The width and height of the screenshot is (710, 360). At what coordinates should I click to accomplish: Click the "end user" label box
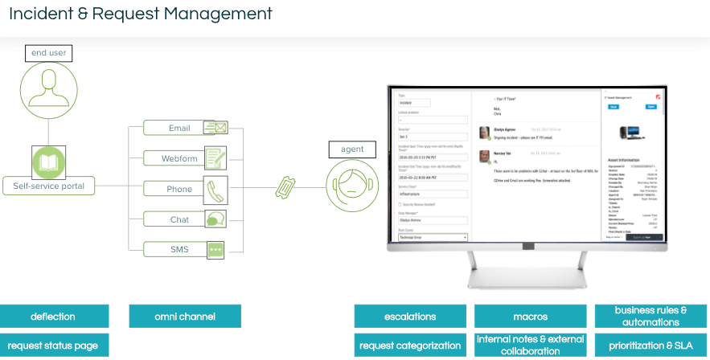[48, 53]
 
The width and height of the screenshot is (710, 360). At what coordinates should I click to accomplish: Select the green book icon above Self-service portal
[48, 162]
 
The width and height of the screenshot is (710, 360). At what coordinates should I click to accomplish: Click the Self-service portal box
[49, 186]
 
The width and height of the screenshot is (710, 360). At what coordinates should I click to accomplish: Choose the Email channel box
[179, 128]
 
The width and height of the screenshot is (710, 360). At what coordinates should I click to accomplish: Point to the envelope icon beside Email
[215, 127]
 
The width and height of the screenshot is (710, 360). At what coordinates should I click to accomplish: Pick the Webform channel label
[179, 158]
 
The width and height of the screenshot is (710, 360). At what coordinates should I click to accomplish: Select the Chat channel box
[179, 219]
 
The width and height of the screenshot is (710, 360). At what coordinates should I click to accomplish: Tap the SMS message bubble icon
[215, 249]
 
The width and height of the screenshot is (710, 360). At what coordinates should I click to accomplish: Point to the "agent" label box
[352, 149]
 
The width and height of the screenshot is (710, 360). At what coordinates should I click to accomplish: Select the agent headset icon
[352, 186]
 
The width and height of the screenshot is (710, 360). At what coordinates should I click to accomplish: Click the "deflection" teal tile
[53, 316]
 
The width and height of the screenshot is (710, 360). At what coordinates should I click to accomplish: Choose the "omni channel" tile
[185, 316]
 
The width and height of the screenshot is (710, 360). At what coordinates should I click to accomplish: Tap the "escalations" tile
[410, 316]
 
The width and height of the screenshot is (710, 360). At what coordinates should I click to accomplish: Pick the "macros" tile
[530, 316]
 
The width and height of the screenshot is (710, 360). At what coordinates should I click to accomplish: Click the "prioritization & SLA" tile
[651, 346]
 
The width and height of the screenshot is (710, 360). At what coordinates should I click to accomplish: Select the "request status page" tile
[53, 346]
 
